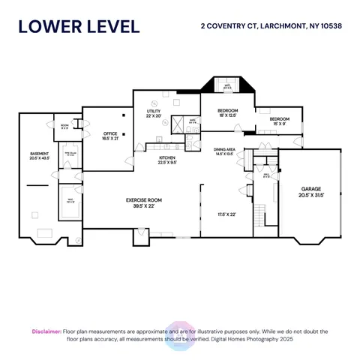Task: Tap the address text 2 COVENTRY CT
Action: coord(225,25)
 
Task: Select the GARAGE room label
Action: coord(311,189)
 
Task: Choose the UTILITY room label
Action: coord(154,111)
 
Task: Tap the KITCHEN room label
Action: coord(166,158)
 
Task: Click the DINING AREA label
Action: coord(225,149)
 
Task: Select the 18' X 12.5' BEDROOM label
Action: coord(228,112)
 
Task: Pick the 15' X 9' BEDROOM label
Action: coord(280,118)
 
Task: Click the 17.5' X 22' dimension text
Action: coord(226,214)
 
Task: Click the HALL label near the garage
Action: coord(266,177)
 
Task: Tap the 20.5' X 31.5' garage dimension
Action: coord(311,195)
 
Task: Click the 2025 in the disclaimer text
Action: coord(286,340)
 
